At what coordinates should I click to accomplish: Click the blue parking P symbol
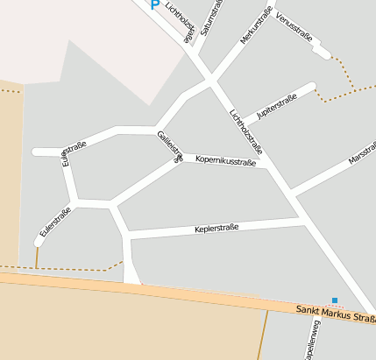pos(155,4)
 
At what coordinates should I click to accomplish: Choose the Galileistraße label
pos(170,145)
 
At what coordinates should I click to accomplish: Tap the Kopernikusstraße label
pos(226,161)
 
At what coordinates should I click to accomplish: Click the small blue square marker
pos(334,300)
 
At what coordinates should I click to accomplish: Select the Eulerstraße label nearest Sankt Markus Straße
pos(55,223)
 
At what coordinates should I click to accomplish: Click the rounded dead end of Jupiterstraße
pos(310,86)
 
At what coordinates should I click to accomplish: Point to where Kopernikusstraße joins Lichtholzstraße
pos(267,165)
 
